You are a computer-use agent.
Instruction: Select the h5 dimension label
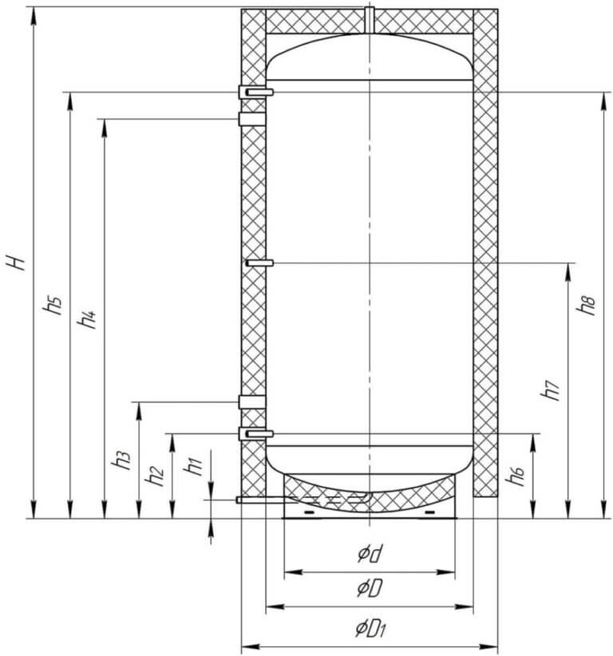point(53,304)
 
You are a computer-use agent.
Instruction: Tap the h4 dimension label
point(87,318)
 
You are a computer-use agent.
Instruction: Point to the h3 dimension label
point(121,460)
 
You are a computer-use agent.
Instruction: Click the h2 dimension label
point(153,476)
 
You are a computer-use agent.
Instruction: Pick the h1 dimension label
point(193,465)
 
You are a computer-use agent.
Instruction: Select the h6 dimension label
point(515,476)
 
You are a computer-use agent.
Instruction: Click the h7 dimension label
point(549,390)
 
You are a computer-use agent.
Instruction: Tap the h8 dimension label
point(585,305)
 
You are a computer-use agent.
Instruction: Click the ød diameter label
point(370,555)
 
